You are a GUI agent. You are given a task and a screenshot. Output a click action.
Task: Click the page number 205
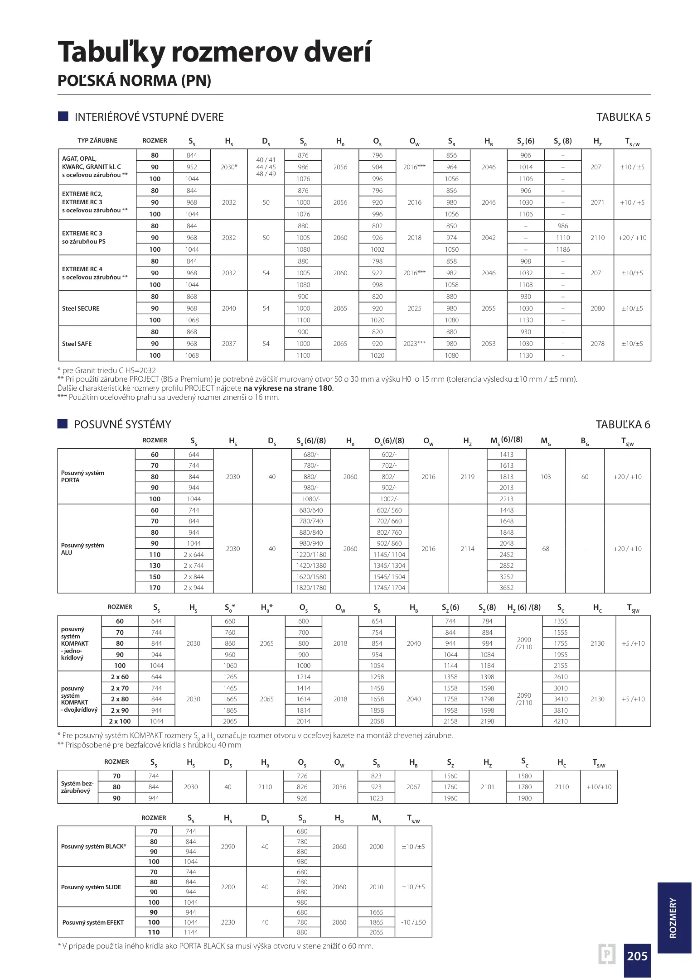click(x=637, y=956)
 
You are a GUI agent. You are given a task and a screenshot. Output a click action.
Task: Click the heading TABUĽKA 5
click(x=623, y=117)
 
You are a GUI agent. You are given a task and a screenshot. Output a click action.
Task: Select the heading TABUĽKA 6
click(x=623, y=425)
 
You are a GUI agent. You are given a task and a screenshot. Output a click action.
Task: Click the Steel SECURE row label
click(x=81, y=308)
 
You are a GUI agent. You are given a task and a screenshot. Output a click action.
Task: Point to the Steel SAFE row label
click(x=77, y=344)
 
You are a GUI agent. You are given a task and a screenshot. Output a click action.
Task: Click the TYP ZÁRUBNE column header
click(x=97, y=141)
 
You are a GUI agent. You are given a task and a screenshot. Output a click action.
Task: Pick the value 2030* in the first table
click(x=229, y=167)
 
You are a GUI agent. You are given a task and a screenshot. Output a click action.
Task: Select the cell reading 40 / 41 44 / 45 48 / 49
click(x=266, y=167)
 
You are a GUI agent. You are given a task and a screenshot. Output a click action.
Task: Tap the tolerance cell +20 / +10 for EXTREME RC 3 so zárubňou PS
click(x=632, y=238)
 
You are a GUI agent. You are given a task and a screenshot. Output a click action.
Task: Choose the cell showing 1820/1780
click(x=311, y=588)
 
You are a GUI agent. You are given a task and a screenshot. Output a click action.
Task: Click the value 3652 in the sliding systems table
click(x=507, y=588)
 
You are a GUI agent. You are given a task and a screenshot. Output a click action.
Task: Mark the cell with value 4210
click(x=561, y=721)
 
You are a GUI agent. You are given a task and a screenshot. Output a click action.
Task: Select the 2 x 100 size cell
click(x=120, y=721)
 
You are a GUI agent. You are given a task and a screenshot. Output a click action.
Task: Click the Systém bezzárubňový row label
click(x=77, y=787)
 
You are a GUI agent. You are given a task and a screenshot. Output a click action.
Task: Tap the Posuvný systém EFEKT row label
click(x=93, y=922)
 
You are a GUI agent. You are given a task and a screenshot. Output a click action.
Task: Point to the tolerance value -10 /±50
click(x=413, y=922)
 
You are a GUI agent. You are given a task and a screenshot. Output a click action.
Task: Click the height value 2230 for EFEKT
click(x=228, y=922)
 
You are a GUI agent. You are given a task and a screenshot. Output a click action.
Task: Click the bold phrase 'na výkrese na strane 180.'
click(x=288, y=388)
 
